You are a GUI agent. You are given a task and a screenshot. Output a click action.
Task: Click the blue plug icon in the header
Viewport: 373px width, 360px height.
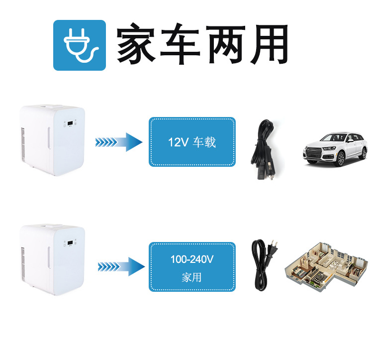pyautogui.click(x=80, y=45)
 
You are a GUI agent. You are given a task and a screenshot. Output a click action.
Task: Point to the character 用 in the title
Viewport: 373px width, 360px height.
pyautogui.click(x=268, y=44)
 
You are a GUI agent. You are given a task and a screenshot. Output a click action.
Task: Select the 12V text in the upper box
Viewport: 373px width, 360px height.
pyautogui.click(x=178, y=142)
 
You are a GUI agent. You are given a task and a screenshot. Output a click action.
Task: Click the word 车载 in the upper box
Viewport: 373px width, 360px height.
pyautogui.click(x=204, y=142)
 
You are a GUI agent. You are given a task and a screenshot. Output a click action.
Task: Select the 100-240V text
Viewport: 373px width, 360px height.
pyautogui.click(x=191, y=259)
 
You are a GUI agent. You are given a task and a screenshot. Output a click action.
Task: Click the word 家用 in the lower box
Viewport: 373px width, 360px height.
pyautogui.click(x=191, y=277)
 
